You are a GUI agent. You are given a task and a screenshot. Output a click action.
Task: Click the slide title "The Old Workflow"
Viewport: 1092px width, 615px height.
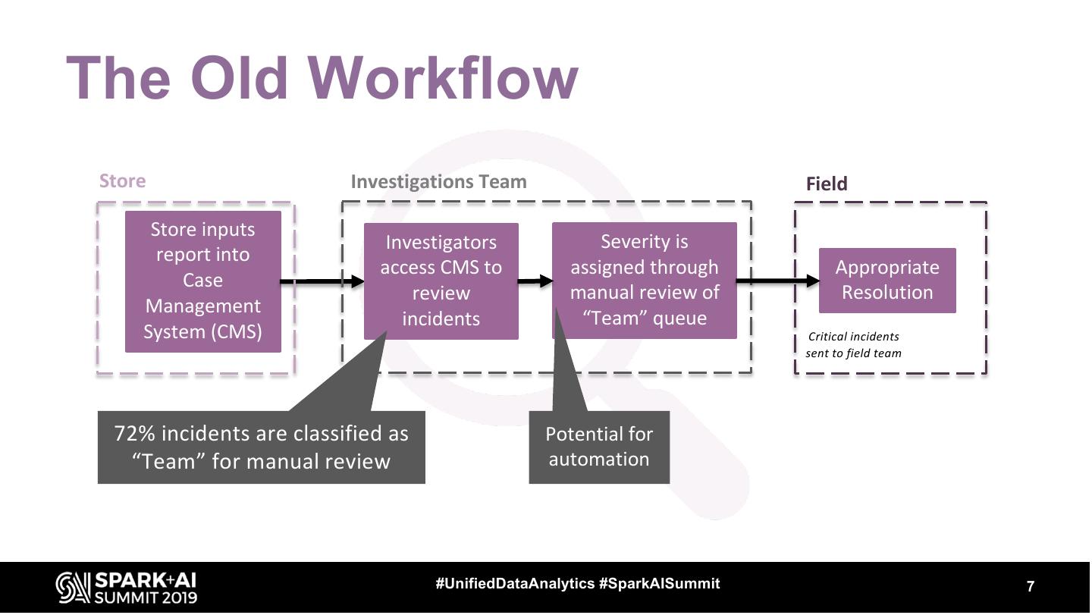322,78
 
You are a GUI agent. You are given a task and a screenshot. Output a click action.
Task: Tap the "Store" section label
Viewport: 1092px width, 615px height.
122,181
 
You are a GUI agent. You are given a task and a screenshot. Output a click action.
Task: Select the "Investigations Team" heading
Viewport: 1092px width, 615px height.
438,182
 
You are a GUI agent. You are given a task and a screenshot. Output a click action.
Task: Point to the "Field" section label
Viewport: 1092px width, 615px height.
826,184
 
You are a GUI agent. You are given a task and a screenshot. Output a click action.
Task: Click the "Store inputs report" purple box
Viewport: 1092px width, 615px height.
202,281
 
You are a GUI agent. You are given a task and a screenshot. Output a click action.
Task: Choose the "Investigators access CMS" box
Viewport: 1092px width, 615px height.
441,281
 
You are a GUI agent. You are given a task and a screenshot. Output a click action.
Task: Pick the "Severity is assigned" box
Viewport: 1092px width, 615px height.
644,280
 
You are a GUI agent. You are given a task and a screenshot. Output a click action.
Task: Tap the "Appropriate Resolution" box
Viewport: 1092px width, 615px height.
886,280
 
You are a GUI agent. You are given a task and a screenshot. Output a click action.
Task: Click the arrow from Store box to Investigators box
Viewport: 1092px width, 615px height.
322,281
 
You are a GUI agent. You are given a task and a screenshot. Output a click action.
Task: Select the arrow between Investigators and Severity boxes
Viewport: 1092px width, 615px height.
535,281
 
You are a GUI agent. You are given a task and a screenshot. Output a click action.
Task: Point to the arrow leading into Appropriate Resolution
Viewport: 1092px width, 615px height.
777,281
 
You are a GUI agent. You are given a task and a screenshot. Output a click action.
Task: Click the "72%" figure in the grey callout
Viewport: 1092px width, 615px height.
135,434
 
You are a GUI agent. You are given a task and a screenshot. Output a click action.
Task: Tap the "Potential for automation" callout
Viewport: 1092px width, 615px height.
598,447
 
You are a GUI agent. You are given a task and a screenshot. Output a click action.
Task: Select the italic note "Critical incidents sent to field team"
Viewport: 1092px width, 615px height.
853,345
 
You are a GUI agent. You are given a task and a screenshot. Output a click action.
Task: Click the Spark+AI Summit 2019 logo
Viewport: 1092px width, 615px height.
127,588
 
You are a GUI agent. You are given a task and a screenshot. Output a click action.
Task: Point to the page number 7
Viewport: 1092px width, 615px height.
1030,586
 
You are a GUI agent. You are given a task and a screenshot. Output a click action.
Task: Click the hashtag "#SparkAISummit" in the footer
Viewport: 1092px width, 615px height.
659,584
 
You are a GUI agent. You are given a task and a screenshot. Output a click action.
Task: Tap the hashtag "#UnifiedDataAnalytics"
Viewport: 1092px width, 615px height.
515,584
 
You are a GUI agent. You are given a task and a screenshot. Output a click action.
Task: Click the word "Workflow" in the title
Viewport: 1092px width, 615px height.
444,78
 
